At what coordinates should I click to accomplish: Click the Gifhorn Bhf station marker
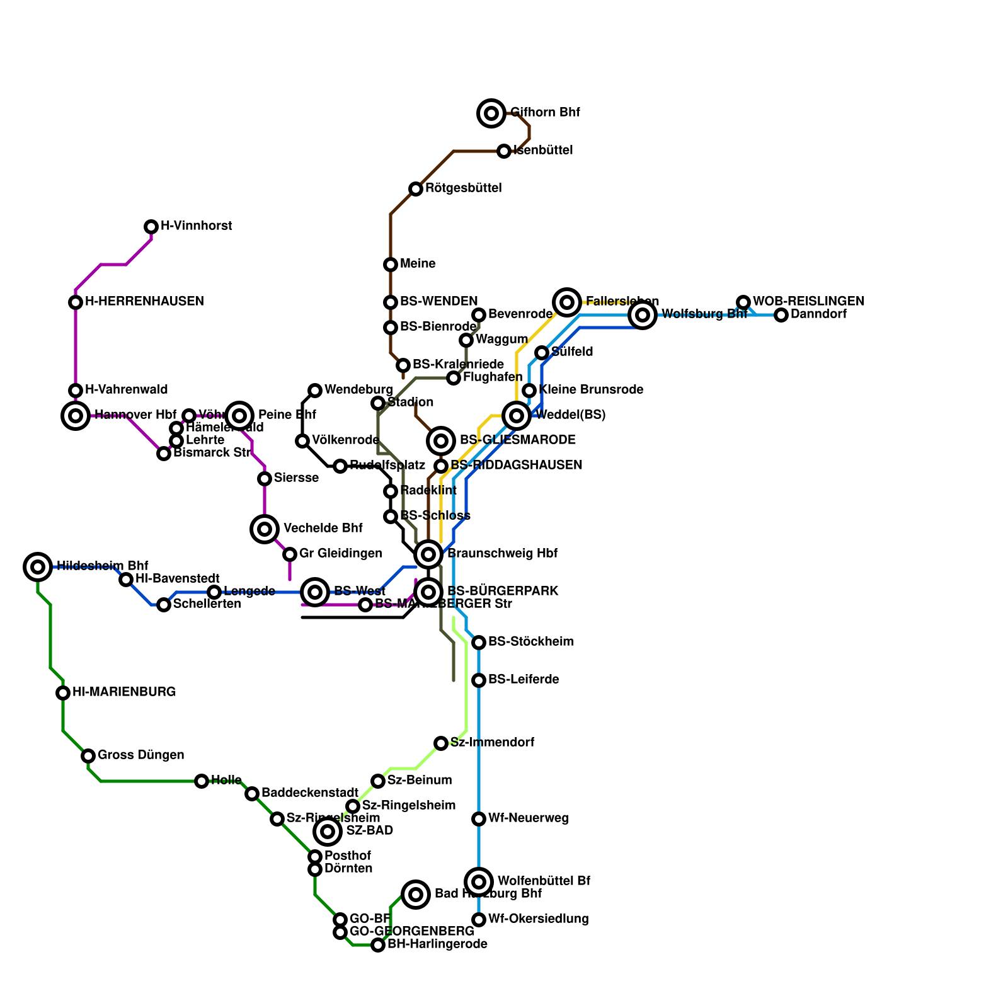tap(491, 113)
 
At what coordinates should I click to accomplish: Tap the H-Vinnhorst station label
tap(197, 226)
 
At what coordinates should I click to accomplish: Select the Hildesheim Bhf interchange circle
tap(38, 567)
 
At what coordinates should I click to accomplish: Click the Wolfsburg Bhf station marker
tap(643, 315)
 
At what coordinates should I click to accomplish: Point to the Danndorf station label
tap(818, 314)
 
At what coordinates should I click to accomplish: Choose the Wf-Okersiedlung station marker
tap(479, 920)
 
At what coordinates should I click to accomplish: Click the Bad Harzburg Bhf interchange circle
tap(416, 895)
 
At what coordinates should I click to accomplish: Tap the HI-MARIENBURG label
tap(124, 692)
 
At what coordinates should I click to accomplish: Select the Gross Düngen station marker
tap(88, 756)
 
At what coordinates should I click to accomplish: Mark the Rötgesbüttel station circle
tap(416, 189)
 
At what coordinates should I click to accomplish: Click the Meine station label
tap(418, 264)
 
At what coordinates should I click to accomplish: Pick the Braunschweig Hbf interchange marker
tap(428, 554)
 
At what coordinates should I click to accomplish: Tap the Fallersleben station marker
tap(567, 302)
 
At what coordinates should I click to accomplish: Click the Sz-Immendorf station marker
tap(441, 743)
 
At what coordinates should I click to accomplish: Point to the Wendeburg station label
tap(358, 390)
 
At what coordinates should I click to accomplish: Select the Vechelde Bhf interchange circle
tap(265, 529)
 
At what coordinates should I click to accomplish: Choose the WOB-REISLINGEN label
tap(808, 302)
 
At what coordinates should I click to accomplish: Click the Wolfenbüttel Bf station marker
tap(479, 882)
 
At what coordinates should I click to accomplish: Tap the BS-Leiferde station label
tap(524, 680)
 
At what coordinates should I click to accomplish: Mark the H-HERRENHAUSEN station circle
tap(76, 302)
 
